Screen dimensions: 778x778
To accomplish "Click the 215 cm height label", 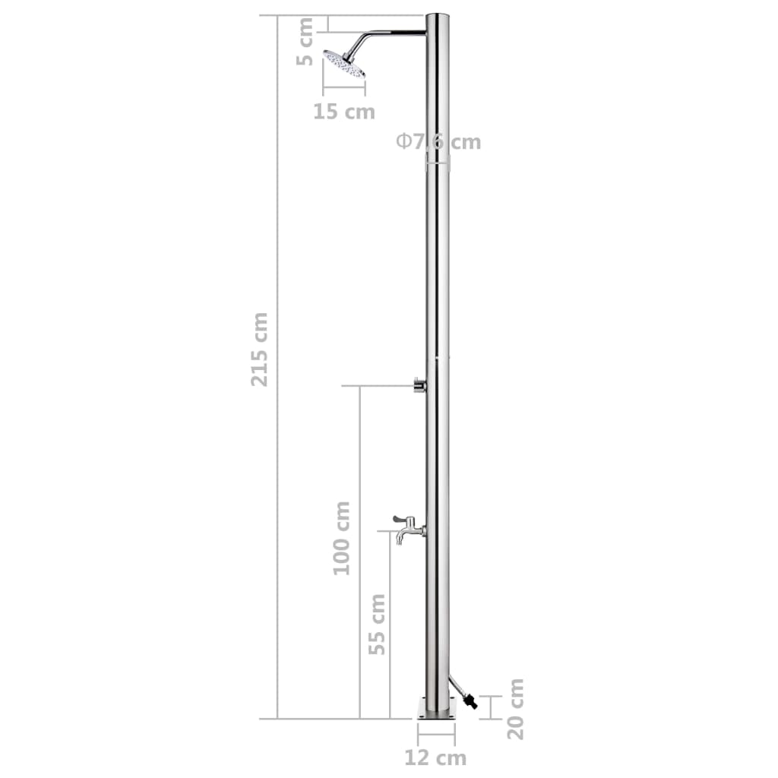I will [260, 349].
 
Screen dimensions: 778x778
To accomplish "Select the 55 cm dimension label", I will [377, 624].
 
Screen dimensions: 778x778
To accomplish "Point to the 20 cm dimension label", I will [516, 709].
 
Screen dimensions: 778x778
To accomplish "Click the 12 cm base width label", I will [436, 757].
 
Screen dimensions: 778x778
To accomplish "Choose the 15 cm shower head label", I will [344, 112].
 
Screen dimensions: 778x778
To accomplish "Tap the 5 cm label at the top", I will [305, 42].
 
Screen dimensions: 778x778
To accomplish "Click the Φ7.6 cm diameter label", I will [438, 142].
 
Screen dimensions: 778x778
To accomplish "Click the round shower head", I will [345, 63].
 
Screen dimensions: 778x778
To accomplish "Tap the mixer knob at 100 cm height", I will [419, 385].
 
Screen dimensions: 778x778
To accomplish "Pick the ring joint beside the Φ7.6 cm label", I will [437, 162].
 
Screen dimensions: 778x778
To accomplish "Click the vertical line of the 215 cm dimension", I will [277, 456].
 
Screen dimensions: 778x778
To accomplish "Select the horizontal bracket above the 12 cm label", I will [436, 734].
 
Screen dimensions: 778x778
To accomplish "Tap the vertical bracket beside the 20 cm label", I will [491, 707].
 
